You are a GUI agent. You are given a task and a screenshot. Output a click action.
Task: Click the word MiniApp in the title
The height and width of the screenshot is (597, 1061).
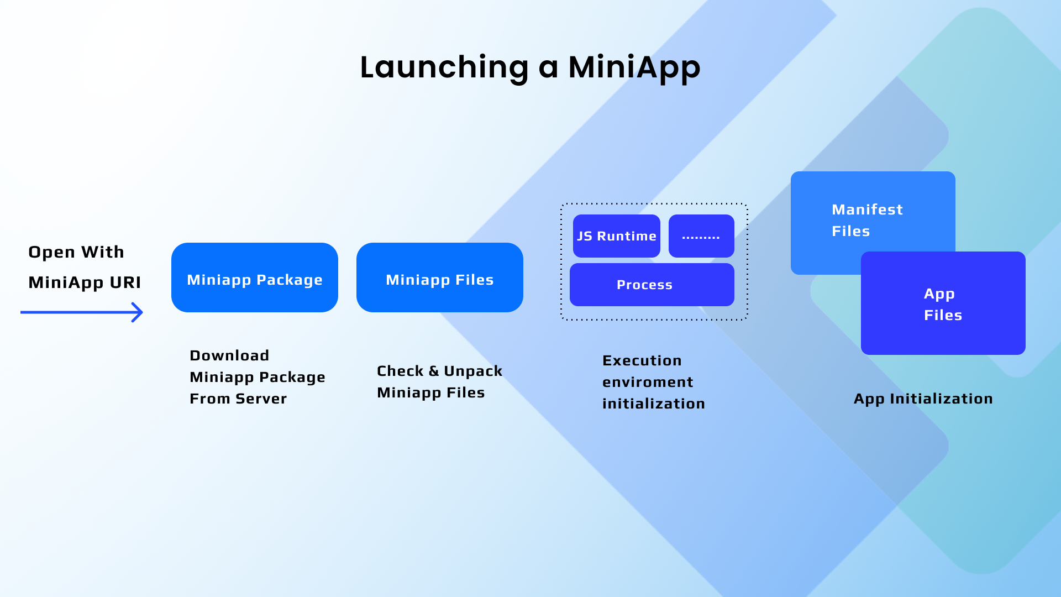click(x=634, y=67)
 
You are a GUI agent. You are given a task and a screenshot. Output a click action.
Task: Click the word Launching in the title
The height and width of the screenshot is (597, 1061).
click(x=445, y=67)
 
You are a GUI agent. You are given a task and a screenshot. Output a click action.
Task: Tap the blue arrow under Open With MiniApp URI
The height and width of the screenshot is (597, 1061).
click(x=82, y=312)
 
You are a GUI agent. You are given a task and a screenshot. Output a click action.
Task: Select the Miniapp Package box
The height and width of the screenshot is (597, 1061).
click(x=255, y=277)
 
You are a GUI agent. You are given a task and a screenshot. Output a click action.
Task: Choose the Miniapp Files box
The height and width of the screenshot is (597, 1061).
click(x=440, y=277)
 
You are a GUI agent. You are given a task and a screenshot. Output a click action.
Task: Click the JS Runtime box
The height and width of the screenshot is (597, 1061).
click(x=617, y=236)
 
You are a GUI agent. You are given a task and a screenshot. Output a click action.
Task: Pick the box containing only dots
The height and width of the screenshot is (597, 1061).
click(x=701, y=236)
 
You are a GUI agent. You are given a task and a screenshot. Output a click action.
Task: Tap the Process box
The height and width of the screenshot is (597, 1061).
click(x=652, y=285)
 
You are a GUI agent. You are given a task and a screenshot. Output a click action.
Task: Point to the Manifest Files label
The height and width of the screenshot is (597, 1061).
click(x=868, y=220)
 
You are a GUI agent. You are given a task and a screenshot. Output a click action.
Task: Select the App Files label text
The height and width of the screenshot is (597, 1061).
click(x=943, y=304)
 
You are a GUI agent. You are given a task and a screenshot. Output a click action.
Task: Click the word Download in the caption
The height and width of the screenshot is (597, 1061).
click(x=229, y=355)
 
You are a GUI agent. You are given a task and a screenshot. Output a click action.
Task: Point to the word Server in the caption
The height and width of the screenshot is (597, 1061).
click(x=261, y=399)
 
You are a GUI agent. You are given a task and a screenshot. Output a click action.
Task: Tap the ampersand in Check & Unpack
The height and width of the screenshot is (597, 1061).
click(x=434, y=371)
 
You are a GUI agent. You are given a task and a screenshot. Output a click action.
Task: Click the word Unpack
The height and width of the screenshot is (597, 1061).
click(x=473, y=371)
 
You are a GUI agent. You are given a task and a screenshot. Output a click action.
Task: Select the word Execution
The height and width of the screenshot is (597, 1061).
click(x=642, y=360)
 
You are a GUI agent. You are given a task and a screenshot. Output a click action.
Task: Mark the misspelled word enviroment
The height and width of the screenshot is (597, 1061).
click(x=648, y=382)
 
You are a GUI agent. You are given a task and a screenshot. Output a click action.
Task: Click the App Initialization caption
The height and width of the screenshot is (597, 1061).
click(x=923, y=399)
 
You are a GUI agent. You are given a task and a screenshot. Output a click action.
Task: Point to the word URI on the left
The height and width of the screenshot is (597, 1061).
click(x=125, y=282)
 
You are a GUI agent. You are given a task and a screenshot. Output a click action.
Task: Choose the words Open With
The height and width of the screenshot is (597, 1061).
click(x=76, y=253)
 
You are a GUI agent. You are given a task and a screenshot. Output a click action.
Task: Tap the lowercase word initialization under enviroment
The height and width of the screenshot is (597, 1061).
click(x=654, y=404)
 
